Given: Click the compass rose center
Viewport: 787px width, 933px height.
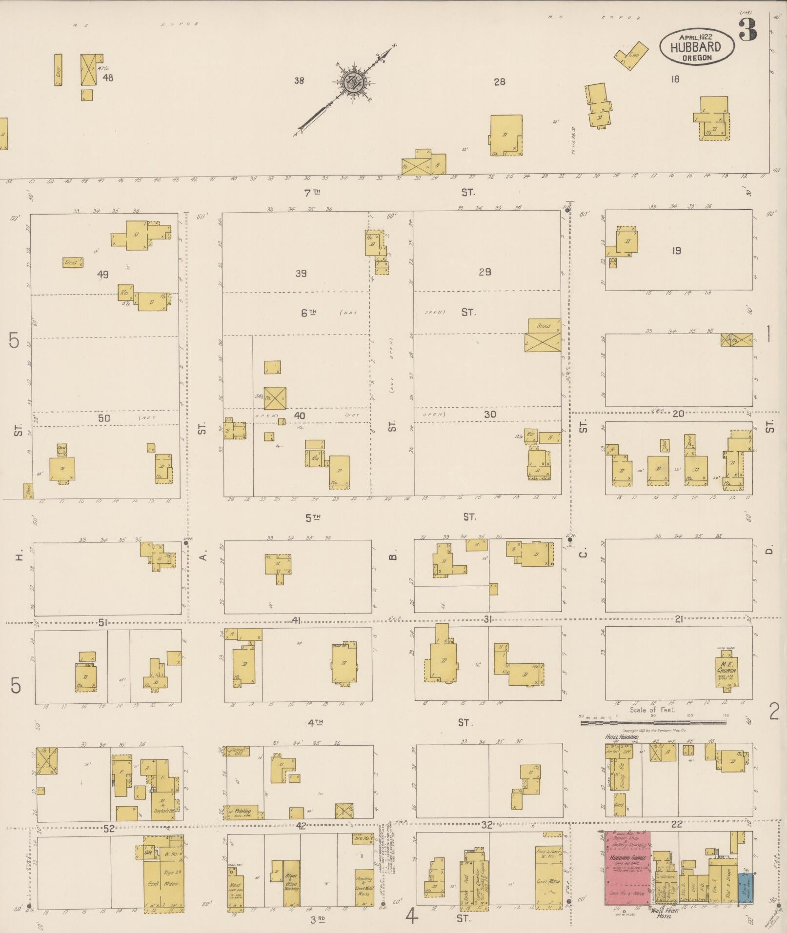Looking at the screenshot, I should click(350, 83).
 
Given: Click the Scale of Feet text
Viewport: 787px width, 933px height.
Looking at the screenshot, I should click(652, 710).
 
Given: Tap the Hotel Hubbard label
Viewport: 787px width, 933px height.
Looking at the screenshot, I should click(622, 737).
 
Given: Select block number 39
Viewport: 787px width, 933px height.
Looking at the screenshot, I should click(301, 274).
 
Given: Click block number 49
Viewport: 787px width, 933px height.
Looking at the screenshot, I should click(102, 275).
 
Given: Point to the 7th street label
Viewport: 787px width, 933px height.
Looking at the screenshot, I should click(312, 193).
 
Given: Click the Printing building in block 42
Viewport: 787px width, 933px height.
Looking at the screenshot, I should click(242, 811).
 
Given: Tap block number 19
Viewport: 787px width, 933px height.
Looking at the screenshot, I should click(676, 251).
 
